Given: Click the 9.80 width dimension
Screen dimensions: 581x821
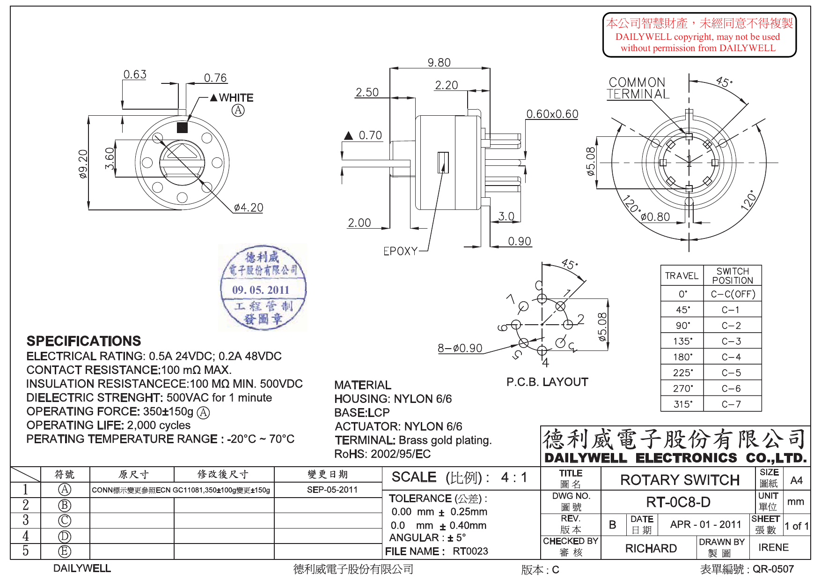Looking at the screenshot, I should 439,62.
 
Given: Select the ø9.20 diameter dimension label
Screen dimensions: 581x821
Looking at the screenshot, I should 83,164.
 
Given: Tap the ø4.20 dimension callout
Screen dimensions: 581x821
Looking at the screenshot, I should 249,208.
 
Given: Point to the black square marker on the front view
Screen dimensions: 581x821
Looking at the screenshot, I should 182,127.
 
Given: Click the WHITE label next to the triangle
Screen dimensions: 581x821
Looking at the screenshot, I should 236,98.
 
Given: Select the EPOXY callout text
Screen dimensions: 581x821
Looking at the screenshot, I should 400,252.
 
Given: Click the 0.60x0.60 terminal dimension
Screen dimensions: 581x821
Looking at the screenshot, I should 552,114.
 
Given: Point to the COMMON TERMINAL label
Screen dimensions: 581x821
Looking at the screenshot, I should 638,88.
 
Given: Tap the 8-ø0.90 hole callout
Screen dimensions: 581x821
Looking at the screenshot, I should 460,348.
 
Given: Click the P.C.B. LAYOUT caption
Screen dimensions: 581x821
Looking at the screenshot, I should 547,382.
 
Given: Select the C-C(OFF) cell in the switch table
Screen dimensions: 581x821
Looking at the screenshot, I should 733,294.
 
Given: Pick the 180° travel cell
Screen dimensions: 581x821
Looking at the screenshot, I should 682,357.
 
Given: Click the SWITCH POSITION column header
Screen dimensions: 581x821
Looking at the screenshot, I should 733,276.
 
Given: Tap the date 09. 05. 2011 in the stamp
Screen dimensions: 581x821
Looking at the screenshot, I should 261,290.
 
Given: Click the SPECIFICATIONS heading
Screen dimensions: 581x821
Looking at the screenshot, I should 84,341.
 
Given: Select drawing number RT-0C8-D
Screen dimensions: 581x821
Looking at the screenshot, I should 678,502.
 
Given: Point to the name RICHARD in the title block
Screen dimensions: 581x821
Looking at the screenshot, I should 651,548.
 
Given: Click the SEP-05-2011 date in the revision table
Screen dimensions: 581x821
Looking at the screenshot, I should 332,490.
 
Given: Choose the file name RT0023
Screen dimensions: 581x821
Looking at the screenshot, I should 470,551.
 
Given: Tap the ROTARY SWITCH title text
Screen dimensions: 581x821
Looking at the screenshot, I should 680,480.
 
